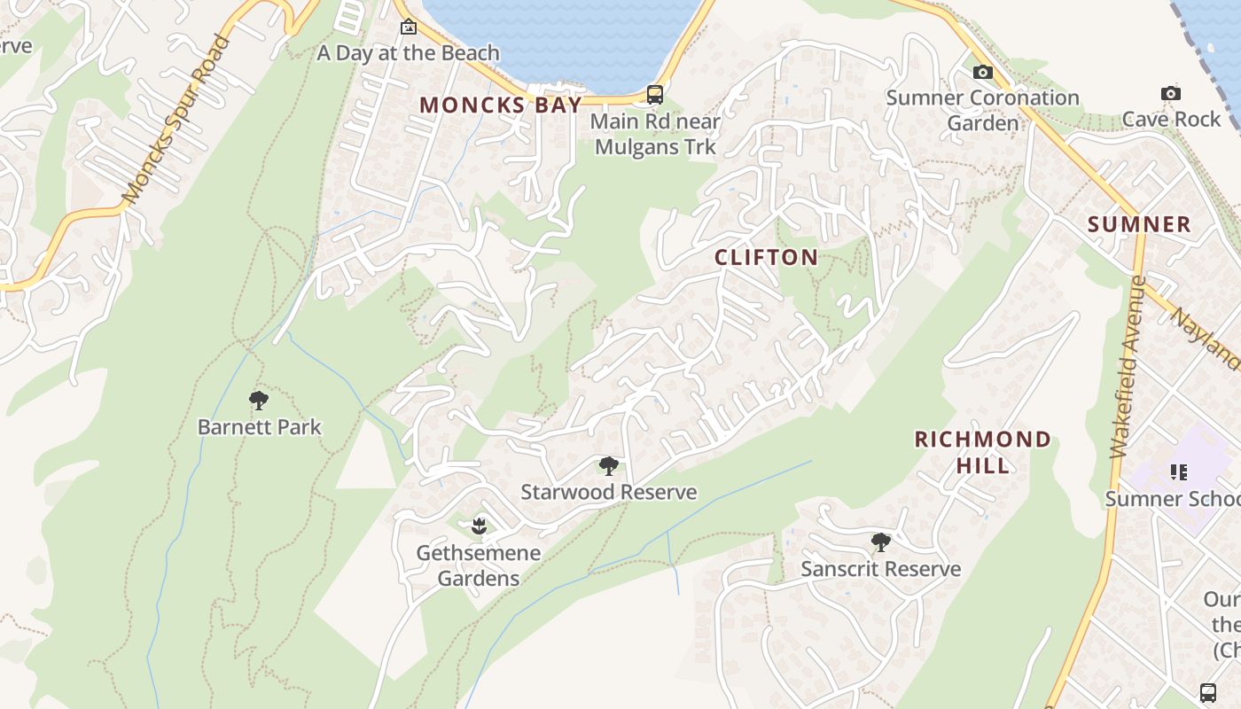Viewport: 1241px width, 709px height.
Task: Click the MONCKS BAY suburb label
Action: [501, 105]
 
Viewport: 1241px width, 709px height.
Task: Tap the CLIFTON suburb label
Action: [767, 258]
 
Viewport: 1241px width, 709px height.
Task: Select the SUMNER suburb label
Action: [1139, 224]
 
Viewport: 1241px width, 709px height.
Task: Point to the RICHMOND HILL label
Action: [982, 452]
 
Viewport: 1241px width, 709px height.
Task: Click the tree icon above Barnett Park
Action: [259, 401]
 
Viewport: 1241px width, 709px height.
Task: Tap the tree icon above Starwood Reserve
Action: [608, 466]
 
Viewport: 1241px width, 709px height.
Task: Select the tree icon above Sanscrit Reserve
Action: [880, 542]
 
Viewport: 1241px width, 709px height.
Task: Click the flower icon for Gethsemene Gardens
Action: [479, 526]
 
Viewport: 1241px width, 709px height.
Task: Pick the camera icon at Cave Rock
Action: [1170, 93]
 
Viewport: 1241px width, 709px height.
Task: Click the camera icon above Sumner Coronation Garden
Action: [982, 72]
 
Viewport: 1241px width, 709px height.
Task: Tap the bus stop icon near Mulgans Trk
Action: [654, 94]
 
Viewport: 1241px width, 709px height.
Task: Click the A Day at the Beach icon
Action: [408, 27]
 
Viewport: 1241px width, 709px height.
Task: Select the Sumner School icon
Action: [1178, 472]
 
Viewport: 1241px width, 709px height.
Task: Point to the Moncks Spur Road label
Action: [176, 120]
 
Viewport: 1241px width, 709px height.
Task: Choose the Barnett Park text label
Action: [259, 427]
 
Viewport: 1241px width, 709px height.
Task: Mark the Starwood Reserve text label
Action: [608, 493]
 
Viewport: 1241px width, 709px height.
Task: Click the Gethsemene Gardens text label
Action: [479, 565]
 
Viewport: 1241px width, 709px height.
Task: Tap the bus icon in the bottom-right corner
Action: [1207, 693]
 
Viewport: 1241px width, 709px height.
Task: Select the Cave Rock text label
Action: [1170, 120]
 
